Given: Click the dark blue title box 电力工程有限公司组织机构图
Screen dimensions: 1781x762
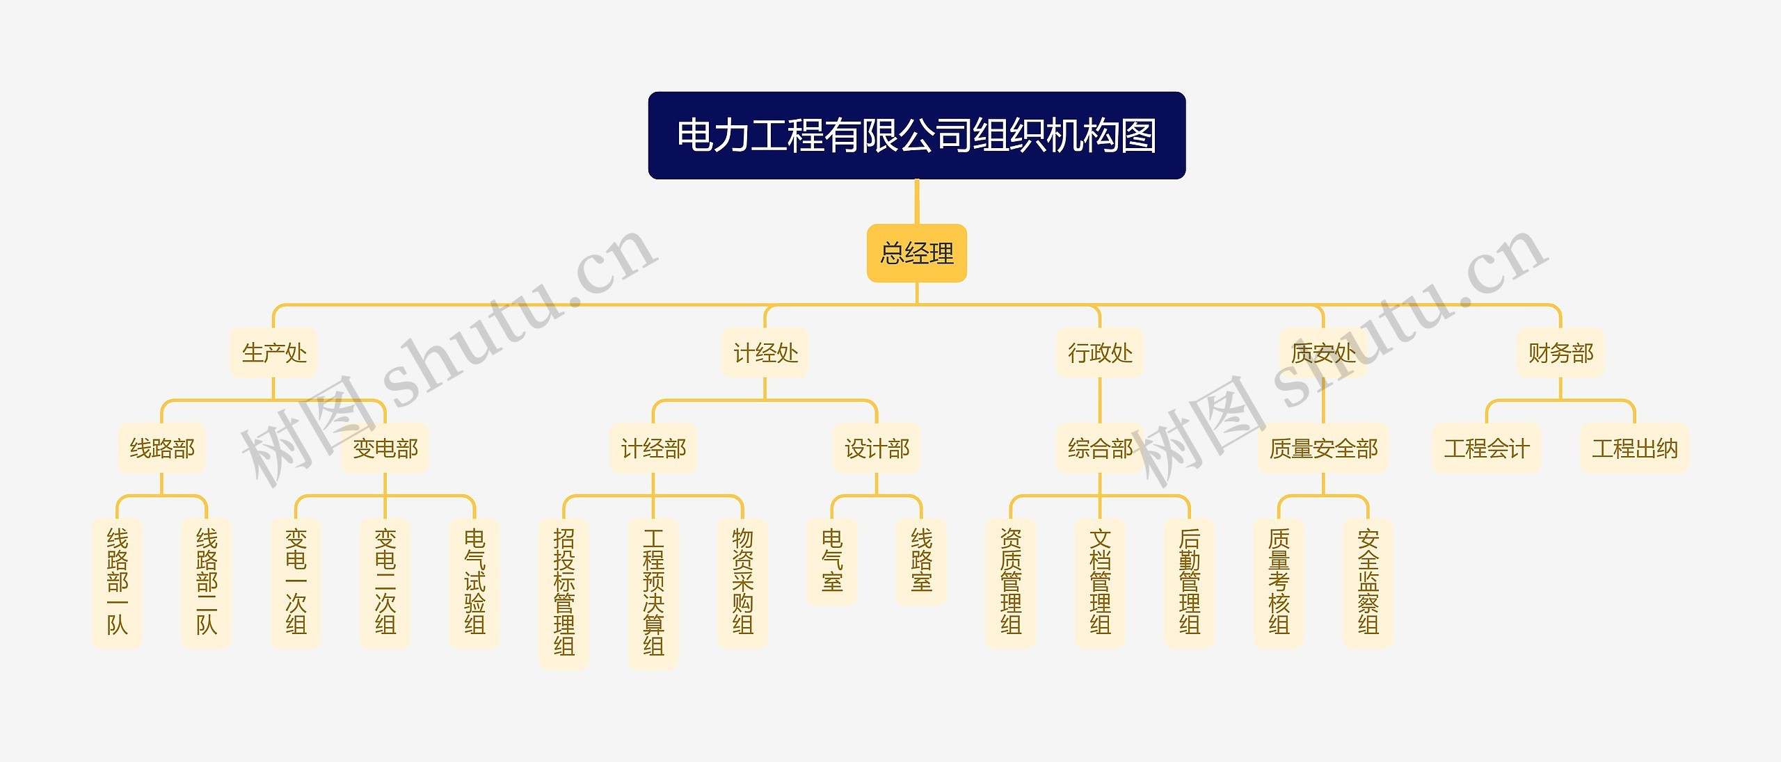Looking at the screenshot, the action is [916, 135].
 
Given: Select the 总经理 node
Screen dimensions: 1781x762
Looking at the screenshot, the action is [916, 253].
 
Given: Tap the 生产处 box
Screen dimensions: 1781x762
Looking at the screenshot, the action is [273, 353].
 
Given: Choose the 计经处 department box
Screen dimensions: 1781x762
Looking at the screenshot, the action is [765, 353].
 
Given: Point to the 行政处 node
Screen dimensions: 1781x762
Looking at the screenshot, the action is [1099, 353].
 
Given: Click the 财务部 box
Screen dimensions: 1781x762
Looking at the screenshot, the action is [1560, 353].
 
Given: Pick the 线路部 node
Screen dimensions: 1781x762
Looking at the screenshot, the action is [161, 448].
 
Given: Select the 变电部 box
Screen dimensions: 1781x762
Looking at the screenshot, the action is [385, 448].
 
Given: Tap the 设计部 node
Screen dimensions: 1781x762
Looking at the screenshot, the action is [876, 448].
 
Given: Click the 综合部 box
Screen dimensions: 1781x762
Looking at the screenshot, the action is [1099, 448].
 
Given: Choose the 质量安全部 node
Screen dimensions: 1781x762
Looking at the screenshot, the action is [1323, 448].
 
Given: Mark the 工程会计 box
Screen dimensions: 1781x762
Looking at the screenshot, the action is [1486, 448].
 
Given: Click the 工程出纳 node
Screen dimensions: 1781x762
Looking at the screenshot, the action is [1634, 448].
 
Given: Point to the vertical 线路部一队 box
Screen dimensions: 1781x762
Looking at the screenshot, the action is [117, 583].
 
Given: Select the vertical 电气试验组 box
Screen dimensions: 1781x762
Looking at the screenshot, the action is [474, 583].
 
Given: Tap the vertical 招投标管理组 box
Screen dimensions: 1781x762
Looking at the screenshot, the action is [564, 593].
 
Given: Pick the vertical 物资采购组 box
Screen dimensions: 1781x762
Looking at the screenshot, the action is [742, 583].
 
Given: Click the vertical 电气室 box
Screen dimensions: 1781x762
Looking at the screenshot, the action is [831, 561].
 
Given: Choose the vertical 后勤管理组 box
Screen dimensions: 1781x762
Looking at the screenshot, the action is [1189, 583].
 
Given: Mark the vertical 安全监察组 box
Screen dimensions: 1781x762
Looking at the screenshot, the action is [1368, 583].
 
